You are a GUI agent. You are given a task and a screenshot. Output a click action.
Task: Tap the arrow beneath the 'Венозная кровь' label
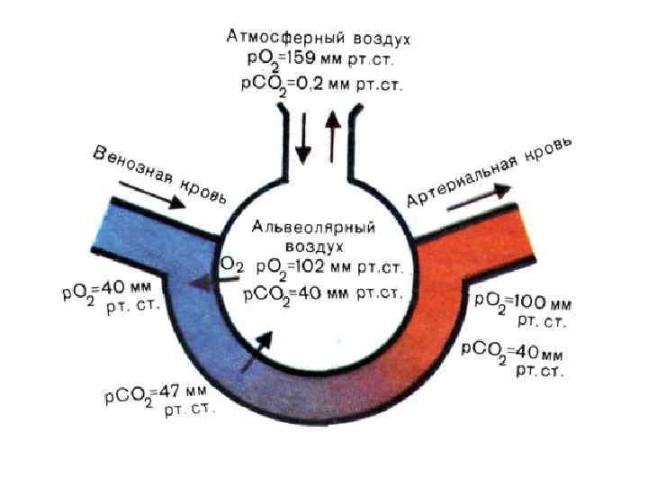[150, 190]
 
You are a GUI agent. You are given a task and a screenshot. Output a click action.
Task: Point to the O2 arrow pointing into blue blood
[208, 282]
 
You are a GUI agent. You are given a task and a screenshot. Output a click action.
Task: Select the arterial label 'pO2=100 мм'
[523, 301]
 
